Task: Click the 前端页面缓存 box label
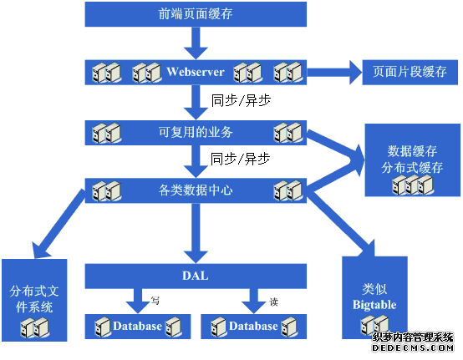[x=196, y=14]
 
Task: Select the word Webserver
[x=196, y=72]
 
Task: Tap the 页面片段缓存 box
[x=410, y=73]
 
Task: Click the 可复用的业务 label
[x=196, y=132]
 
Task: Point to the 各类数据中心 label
[x=196, y=190]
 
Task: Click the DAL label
[x=196, y=276]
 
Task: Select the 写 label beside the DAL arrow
[x=155, y=301]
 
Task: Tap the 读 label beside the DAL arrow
[x=274, y=302]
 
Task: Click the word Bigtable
[x=374, y=305]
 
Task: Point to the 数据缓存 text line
[x=412, y=151]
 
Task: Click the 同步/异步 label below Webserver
[x=241, y=100]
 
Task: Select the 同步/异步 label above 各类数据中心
[x=240, y=159]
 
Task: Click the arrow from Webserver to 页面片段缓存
[x=334, y=73]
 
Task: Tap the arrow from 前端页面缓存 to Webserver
[x=196, y=43]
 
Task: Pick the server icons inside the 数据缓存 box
[x=413, y=185]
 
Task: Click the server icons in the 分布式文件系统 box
[x=34, y=327]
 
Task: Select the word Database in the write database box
[x=137, y=326]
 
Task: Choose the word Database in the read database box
[x=253, y=326]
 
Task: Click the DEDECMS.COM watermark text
[x=413, y=348]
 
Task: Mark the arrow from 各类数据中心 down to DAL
[x=196, y=233]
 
